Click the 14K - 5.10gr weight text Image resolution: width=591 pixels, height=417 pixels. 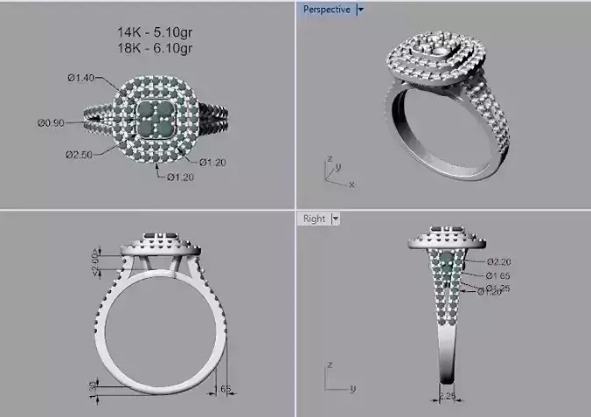(156, 32)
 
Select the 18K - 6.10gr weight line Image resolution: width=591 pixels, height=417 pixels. (156, 47)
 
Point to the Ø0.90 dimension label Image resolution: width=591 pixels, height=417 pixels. (51, 122)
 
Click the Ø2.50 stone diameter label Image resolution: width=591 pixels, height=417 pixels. (79, 154)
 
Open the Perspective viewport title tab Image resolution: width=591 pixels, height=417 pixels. (326, 10)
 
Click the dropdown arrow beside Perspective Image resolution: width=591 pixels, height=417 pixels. (360, 10)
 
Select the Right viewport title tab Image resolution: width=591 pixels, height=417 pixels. (314, 219)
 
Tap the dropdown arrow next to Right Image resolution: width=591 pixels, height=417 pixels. (336, 219)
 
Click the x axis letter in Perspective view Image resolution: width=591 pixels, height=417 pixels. (351, 184)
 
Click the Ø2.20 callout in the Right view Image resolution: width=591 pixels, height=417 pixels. (498, 261)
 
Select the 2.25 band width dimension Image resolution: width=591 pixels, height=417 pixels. (447, 395)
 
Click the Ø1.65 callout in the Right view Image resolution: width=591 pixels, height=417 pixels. (497, 275)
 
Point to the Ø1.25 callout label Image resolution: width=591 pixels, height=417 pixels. (498, 287)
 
